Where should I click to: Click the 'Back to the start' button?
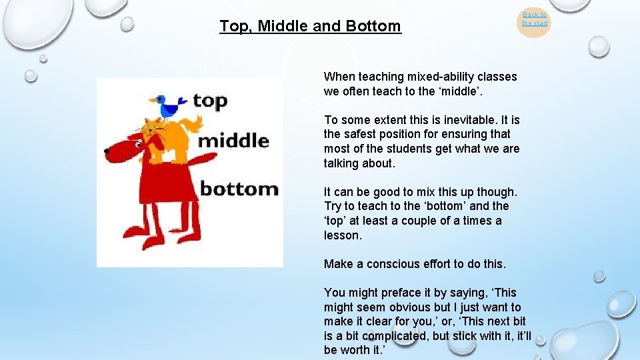[534, 19]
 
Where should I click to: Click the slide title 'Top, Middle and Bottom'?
[310, 27]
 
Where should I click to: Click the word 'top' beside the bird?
[210, 101]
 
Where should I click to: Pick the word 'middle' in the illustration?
[233, 141]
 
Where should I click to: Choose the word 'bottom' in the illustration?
[239, 189]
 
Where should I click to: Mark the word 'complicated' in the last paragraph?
[397, 336]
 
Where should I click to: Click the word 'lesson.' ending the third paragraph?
[343, 235]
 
